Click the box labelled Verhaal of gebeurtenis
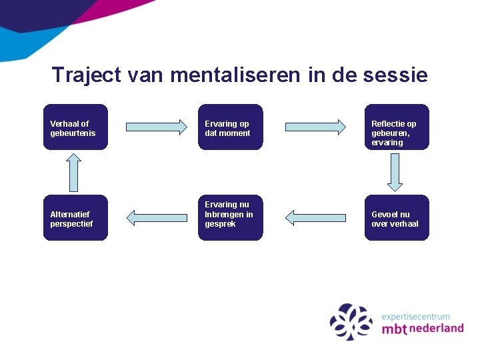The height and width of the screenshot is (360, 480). click(75, 127)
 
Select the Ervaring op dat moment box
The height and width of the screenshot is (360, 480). click(230, 127)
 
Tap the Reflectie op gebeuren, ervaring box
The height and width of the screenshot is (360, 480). click(397, 127)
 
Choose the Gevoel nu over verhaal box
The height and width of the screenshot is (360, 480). click(397, 218)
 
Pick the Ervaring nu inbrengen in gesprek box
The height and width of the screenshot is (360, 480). click(230, 218)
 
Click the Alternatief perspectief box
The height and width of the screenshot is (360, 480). click(75, 218)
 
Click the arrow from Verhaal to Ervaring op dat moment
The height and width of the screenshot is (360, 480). click(157, 126)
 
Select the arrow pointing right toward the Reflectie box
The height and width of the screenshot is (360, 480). click(316, 126)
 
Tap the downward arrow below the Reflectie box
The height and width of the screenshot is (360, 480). click(395, 172)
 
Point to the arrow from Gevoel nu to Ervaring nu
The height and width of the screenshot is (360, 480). click(316, 217)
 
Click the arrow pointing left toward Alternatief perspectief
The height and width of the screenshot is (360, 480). click(157, 217)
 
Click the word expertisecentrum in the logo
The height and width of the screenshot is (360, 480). click(415, 317)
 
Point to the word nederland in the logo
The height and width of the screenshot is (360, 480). click(437, 329)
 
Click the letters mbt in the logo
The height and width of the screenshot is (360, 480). click(395, 329)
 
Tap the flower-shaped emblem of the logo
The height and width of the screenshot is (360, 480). click(351, 322)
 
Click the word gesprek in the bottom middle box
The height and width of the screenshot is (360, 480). click(220, 224)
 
